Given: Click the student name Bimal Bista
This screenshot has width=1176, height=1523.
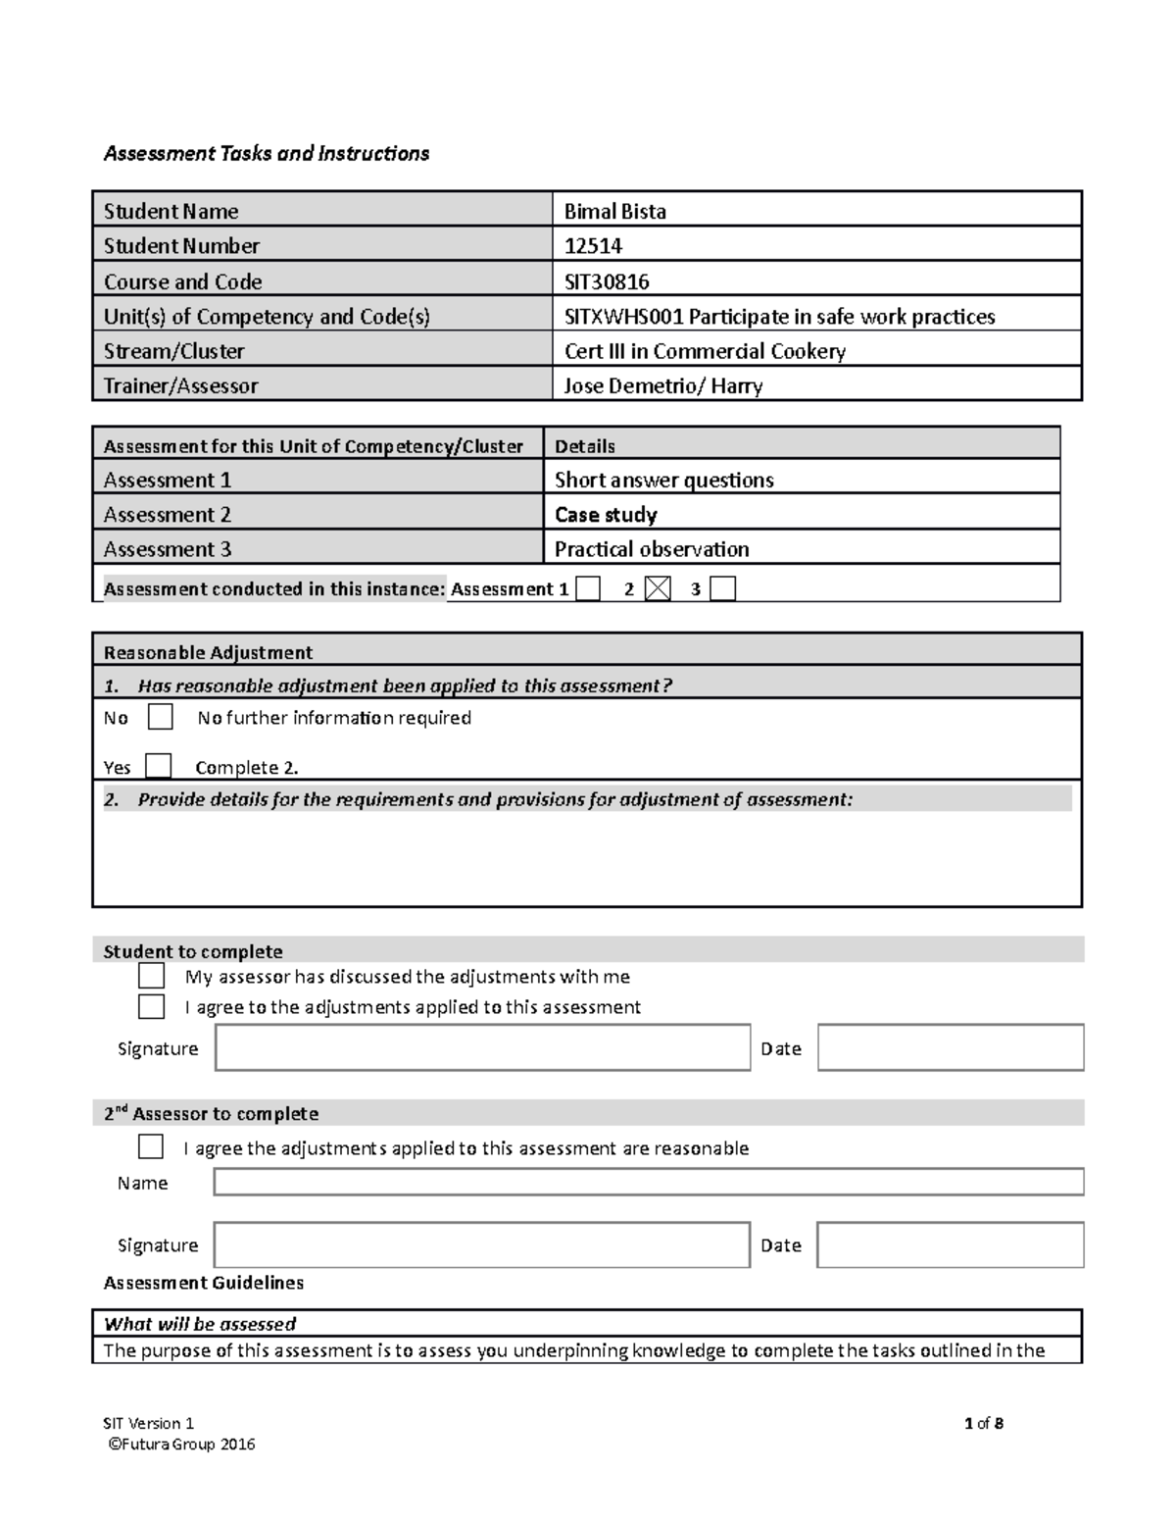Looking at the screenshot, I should pos(614,211).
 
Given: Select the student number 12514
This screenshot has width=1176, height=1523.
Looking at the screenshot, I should pos(593,246).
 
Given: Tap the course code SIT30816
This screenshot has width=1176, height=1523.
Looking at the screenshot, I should pos(607,281).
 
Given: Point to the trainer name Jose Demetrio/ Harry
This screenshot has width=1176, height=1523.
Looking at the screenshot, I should pos(662,385).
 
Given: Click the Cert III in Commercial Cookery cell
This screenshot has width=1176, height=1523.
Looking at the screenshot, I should pos(705,351).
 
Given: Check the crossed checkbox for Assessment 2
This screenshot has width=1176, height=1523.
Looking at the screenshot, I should pos(659,588).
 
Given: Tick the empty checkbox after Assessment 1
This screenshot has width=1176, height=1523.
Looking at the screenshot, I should pos(588,588).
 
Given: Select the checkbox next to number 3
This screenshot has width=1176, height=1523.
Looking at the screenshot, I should pos(722,588).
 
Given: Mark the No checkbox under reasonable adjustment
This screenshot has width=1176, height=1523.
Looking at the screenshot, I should pos(160,717).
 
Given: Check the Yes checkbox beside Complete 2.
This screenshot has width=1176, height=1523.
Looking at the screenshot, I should pos(158,766).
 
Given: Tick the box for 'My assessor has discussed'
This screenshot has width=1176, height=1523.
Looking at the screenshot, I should pos(151,976).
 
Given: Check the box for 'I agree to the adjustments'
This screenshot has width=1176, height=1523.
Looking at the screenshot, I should pos(151,1006).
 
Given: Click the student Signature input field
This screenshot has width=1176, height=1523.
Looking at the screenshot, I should pos(482,1047).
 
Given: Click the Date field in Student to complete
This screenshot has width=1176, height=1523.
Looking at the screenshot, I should pos(950,1047).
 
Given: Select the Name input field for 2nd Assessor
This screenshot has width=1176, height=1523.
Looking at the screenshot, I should pos(648,1182).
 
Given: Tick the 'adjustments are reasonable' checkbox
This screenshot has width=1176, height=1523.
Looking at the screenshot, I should pos(151,1146).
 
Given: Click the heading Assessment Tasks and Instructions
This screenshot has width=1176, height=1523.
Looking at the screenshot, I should pos(267,153).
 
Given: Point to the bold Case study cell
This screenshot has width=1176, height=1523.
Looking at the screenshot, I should pos(606,515).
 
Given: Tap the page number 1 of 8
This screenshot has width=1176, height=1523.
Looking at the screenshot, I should pos(984,1423).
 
